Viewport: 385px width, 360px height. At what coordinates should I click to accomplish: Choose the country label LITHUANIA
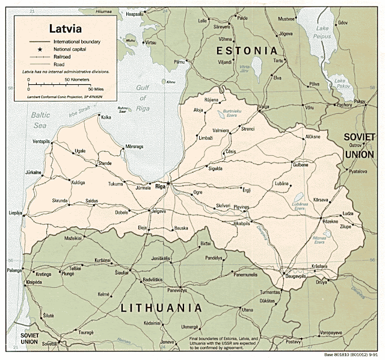pos(161,308)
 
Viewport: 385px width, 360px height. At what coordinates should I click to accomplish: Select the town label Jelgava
pos(158,211)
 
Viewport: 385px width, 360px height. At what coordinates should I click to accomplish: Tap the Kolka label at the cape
pos(106,117)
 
